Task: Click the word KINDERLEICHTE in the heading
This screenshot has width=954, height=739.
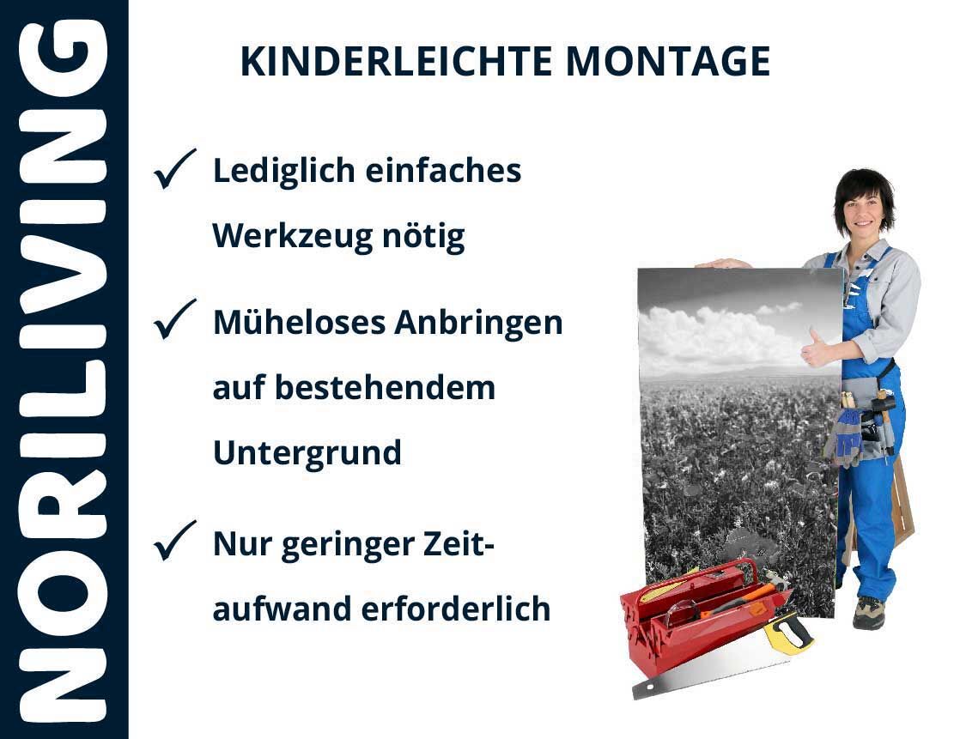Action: point(396,61)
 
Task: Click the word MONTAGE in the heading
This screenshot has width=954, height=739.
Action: point(668,61)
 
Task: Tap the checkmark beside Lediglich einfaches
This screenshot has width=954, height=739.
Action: point(174,168)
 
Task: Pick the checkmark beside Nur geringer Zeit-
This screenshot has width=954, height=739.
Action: point(174,540)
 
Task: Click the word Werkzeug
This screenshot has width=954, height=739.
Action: point(291,236)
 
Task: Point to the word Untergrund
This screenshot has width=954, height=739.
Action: point(307,453)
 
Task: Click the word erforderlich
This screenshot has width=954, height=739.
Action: point(456,609)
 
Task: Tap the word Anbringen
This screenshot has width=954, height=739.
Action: point(479,323)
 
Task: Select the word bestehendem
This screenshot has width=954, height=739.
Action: point(386,388)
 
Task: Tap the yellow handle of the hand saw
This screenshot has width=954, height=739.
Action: point(788,633)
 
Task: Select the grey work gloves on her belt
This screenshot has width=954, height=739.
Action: point(844,437)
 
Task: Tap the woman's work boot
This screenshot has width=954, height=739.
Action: point(868,612)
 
